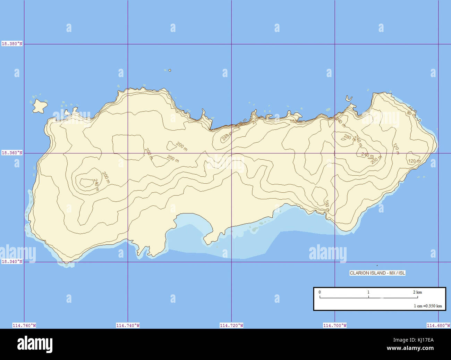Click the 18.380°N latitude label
click(12, 44)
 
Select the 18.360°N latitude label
click(12, 153)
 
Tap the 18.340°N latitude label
click(12, 261)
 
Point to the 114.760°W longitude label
click(24, 325)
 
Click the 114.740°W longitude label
click(128, 325)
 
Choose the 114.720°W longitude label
click(231, 325)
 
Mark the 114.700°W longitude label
click(335, 325)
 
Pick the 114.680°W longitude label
click(438, 325)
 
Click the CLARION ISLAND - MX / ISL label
click(377, 273)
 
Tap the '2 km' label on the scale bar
click(417, 292)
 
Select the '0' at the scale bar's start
click(320, 292)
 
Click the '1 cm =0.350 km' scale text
click(428, 306)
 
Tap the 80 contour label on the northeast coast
click(409, 112)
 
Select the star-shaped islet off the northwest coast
click(40, 106)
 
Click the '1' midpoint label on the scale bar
click(368, 292)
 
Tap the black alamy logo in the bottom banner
click(35, 344)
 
